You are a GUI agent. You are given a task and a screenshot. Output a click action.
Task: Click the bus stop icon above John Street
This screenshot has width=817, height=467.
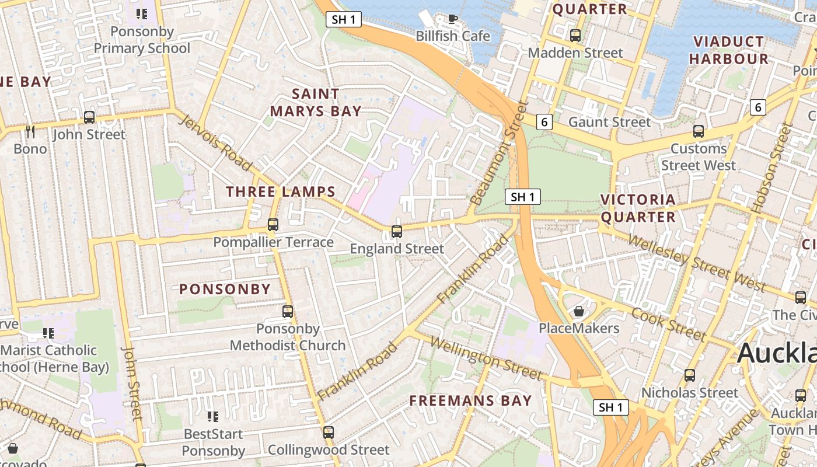(x=89, y=117)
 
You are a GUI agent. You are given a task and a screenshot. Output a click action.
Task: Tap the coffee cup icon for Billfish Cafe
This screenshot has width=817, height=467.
(x=452, y=19)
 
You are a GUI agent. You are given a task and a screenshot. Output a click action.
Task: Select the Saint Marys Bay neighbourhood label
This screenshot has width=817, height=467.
(x=315, y=102)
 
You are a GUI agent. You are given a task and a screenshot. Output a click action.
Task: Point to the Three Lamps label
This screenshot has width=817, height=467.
(x=281, y=191)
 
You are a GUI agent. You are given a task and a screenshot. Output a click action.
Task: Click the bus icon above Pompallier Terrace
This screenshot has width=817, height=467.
(x=273, y=225)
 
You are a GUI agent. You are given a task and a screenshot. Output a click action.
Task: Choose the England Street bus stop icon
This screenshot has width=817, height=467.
(x=397, y=232)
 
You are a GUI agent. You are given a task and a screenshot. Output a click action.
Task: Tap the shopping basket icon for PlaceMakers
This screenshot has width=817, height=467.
(x=579, y=311)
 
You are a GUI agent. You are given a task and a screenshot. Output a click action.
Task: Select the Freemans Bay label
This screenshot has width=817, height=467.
(x=470, y=400)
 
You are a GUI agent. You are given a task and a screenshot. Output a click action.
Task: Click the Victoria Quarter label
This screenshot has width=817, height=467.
(x=638, y=208)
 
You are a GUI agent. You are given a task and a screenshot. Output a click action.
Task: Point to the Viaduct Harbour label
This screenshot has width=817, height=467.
(x=728, y=50)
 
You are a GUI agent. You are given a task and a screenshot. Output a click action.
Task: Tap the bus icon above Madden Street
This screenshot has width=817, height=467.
(x=575, y=36)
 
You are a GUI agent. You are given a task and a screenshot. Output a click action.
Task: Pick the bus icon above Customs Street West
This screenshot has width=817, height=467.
(x=699, y=131)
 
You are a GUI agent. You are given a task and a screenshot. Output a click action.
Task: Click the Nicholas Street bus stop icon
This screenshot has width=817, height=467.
(x=690, y=375)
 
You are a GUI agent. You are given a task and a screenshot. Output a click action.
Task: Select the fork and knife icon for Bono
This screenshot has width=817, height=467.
(x=30, y=131)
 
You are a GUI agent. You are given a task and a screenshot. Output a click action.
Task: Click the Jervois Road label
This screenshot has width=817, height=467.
(x=215, y=143)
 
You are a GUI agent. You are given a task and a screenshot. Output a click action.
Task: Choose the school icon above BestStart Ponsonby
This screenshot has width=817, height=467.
(x=213, y=417)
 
